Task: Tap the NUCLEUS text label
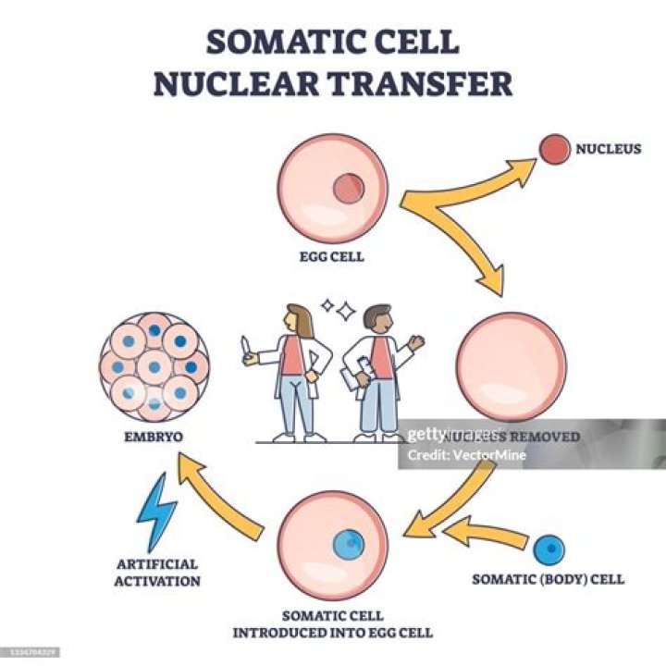click(x=608, y=148)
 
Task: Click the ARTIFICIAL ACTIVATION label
click(x=158, y=572)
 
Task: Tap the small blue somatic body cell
click(x=549, y=549)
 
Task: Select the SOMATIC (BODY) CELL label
click(x=549, y=580)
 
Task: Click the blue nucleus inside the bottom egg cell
click(x=349, y=543)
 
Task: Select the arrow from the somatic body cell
click(x=485, y=532)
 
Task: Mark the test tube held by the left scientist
click(x=245, y=349)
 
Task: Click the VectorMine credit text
click(x=467, y=455)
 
